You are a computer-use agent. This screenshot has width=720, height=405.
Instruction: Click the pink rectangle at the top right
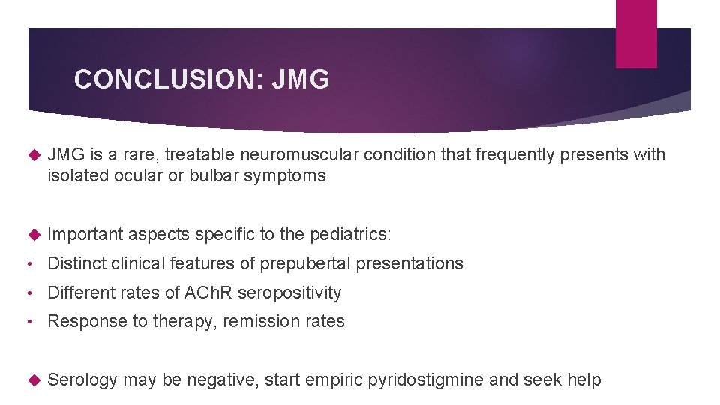pyautogui.click(x=636, y=33)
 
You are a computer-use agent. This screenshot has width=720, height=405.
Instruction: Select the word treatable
pyautogui.click(x=196, y=155)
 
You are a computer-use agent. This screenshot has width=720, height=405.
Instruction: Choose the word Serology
pyautogui.click(x=82, y=380)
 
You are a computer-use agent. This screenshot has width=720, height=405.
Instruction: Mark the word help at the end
pyautogui.click(x=584, y=380)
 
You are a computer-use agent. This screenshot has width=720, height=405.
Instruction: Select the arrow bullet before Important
pyautogui.click(x=32, y=234)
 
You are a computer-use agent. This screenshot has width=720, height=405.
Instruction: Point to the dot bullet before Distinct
pyautogui.click(x=27, y=264)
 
